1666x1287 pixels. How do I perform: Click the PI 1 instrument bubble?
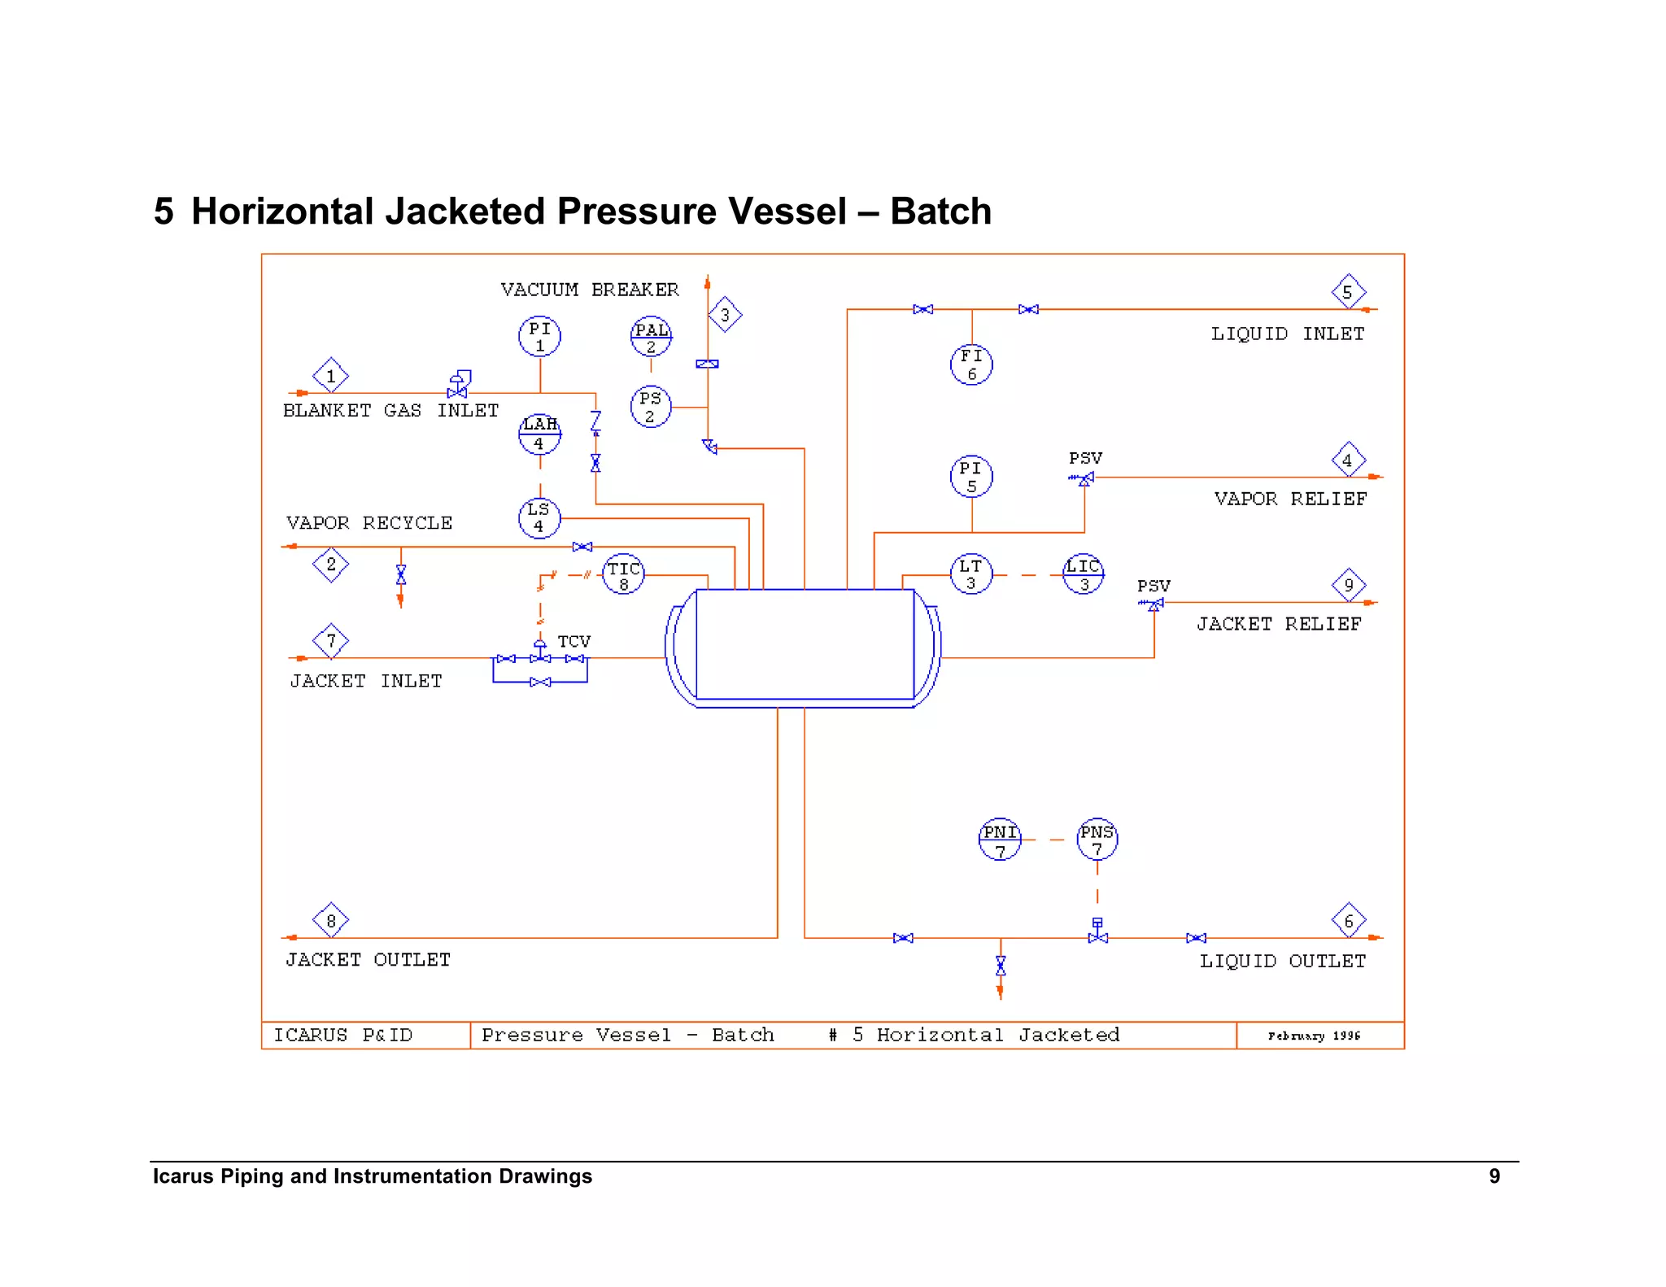click(x=539, y=336)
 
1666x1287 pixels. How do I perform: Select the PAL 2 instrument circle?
click(x=651, y=337)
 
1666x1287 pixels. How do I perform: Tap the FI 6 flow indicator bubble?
click(x=971, y=364)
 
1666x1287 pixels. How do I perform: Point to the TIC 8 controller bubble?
click(x=624, y=574)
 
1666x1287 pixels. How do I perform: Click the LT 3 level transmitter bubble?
click(x=971, y=574)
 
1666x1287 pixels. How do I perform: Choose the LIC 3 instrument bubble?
click(x=1084, y=574)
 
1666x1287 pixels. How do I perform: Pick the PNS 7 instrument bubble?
click(x=1097, y=839)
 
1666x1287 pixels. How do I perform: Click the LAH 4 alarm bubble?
click(x=539, y=434)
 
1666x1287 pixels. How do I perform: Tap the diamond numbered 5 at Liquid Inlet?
click(x=1348, y=292)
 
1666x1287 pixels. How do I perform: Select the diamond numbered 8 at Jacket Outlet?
click(x=330, y=921)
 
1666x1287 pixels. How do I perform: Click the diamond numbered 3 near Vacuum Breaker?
click(x=725, y=315)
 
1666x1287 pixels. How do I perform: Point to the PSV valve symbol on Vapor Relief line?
click(x=1084, y=479)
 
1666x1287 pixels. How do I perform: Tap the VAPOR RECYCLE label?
click(x=369, y=523)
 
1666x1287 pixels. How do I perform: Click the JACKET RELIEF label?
click(x=1278, y=624)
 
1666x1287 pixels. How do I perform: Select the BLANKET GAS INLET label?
click(x=390, y=411)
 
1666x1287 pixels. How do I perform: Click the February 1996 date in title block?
click(x=1314, y=1036)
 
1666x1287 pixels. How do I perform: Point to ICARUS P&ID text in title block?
click(x=342, y=1036)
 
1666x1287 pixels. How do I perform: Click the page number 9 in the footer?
click(x=1494, y=1176)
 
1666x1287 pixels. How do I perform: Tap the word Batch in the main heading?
click(x=940, y=212)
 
